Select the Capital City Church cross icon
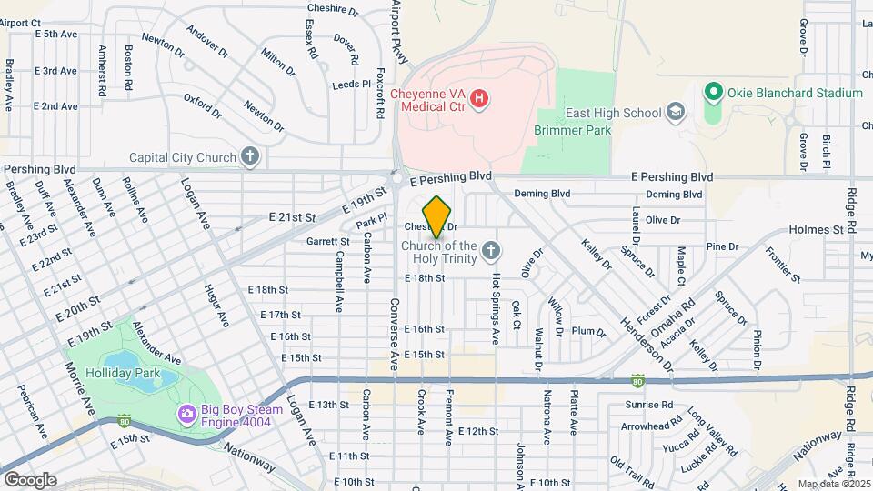(250, 157)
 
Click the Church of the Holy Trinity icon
(490, 250)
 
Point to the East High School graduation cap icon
(675, 113)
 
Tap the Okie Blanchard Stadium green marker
(713, 93)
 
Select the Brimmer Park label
(573, 130)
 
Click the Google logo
(29, 479)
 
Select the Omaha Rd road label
(678, 318)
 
